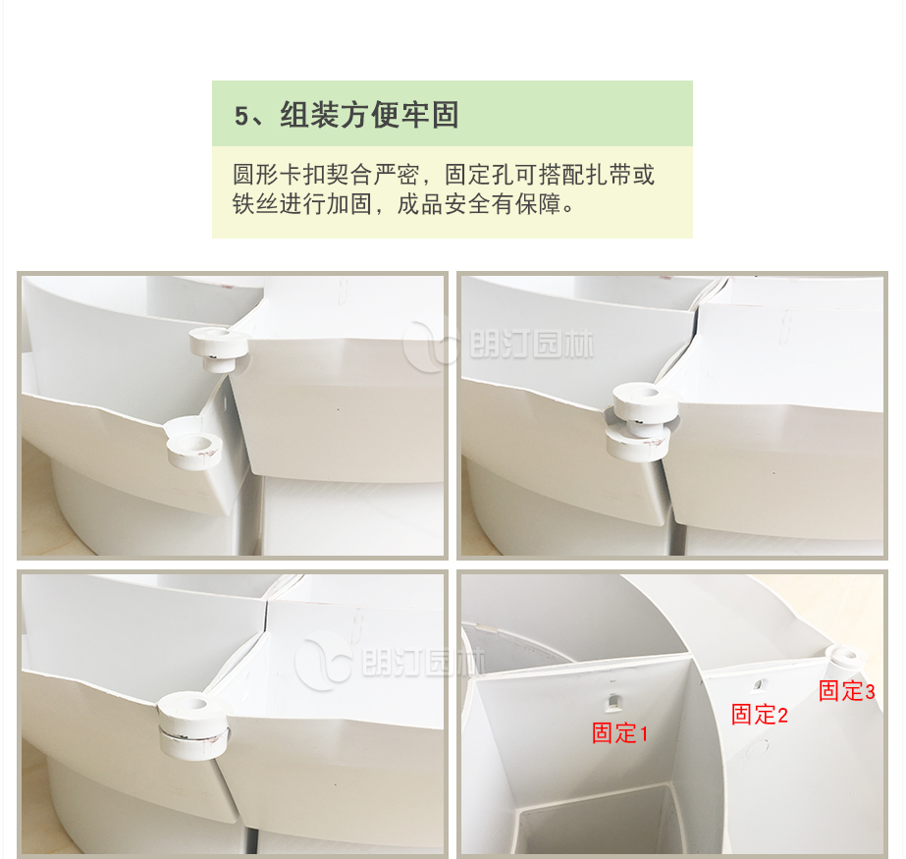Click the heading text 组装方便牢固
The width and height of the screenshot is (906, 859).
tap(369, 115)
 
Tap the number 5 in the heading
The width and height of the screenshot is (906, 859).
tap(240, 116)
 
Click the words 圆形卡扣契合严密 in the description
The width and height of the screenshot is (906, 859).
tap(326, 175)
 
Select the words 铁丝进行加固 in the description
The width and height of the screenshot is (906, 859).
tap(302, 204)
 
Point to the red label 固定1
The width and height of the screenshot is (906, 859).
tap(619, 733)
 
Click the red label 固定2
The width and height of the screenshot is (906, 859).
tap(759, 715)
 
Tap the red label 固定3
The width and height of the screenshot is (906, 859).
tap(846, 691)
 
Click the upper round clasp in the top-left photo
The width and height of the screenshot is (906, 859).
tap(219, 348)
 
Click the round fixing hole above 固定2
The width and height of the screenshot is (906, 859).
tap(759, 686)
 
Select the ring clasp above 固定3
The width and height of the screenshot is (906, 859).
tap(845, 657)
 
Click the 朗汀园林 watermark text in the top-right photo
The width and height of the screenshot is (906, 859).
tap(532, 345)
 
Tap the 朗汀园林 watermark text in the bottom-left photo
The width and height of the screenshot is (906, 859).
tap(423, 663)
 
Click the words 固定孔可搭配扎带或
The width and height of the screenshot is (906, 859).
tap(550, 175)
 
